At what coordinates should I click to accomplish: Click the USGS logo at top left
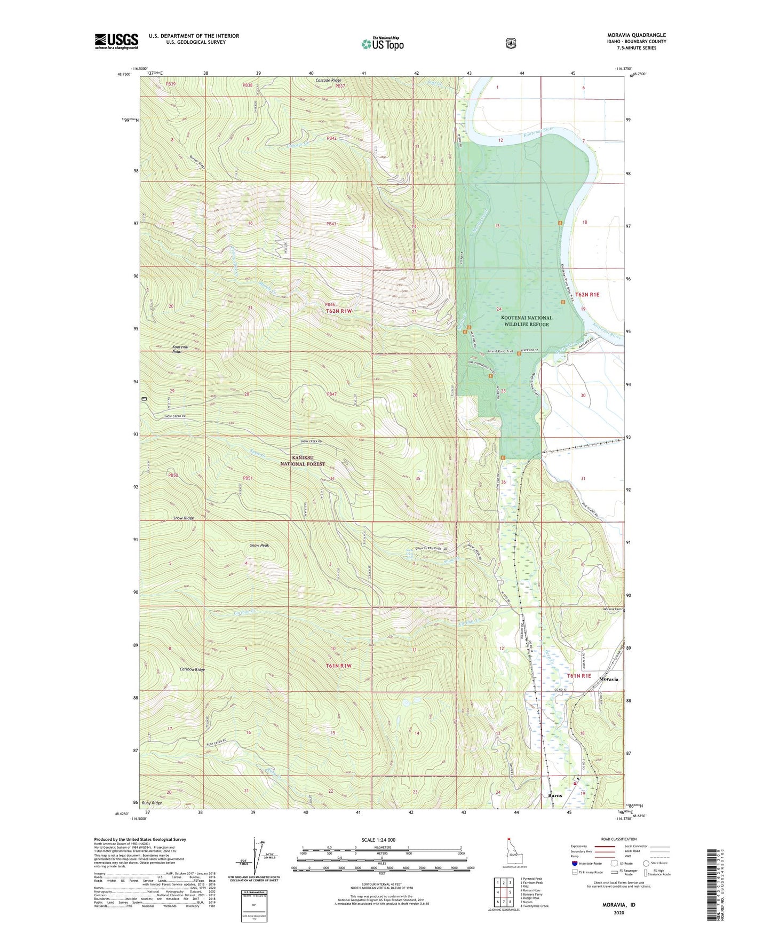click(x=116, y=41)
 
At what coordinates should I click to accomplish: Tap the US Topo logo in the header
click(x=382, y=44)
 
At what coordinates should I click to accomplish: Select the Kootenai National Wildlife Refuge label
click(x=527, y=321)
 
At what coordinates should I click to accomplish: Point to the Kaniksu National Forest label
click(x=303, y=461)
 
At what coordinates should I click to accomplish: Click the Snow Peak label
click(x=260, y=546)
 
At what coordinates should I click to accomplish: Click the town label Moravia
click(x=609, y=679)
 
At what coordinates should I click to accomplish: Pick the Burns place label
click(x=555, y=795)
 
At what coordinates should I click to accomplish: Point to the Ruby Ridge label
click(x=152, y=803)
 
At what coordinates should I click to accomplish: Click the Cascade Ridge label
click(x=328, y=80)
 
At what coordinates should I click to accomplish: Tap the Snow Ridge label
click(x=184, y=518)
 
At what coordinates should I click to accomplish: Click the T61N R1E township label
click(x=579, y=675)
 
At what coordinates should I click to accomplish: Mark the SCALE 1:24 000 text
click(x=378, y=840)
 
